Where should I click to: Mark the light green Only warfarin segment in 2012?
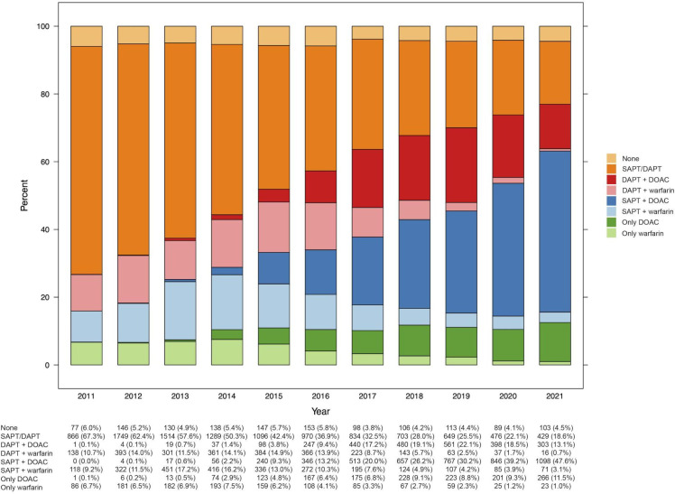[134, 353]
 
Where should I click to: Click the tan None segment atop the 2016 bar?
[321, 35]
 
